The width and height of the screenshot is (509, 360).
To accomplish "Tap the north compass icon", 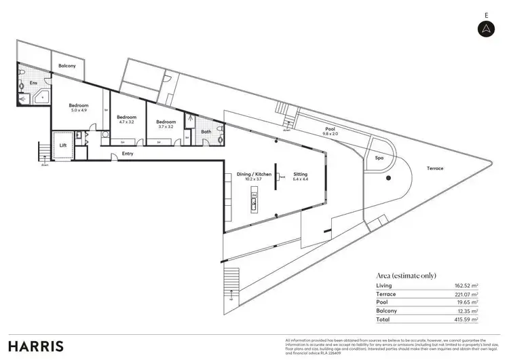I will click(x=487, y=28).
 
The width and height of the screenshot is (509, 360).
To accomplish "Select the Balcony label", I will click(x=67, y=67).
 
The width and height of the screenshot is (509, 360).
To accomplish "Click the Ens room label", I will click(x=33, y=84).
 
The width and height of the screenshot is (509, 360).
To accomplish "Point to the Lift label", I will click(x=62, y=145).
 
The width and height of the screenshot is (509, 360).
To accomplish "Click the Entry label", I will click(x=128, y=154).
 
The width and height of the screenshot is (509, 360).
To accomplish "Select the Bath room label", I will click(x=206, y=132).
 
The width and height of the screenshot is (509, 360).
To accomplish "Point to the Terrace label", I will click(x=434, y=168).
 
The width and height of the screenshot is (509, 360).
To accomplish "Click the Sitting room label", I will click(x=300, y=174).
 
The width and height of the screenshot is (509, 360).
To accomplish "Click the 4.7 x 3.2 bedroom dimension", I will click(x=127, y=122).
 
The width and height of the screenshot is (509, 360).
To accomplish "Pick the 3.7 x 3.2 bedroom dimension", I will click(x=166, y=126).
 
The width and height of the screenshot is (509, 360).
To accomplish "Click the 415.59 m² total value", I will click(x=467, y=319).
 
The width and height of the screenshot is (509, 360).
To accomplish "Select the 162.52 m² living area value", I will click(x=467, y=286).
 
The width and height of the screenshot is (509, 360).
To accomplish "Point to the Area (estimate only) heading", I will click(x=405, y=275).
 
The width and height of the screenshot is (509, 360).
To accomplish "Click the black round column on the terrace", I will click(x=388, y=179).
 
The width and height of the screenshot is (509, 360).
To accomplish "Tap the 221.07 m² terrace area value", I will click(x=467, y=294).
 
